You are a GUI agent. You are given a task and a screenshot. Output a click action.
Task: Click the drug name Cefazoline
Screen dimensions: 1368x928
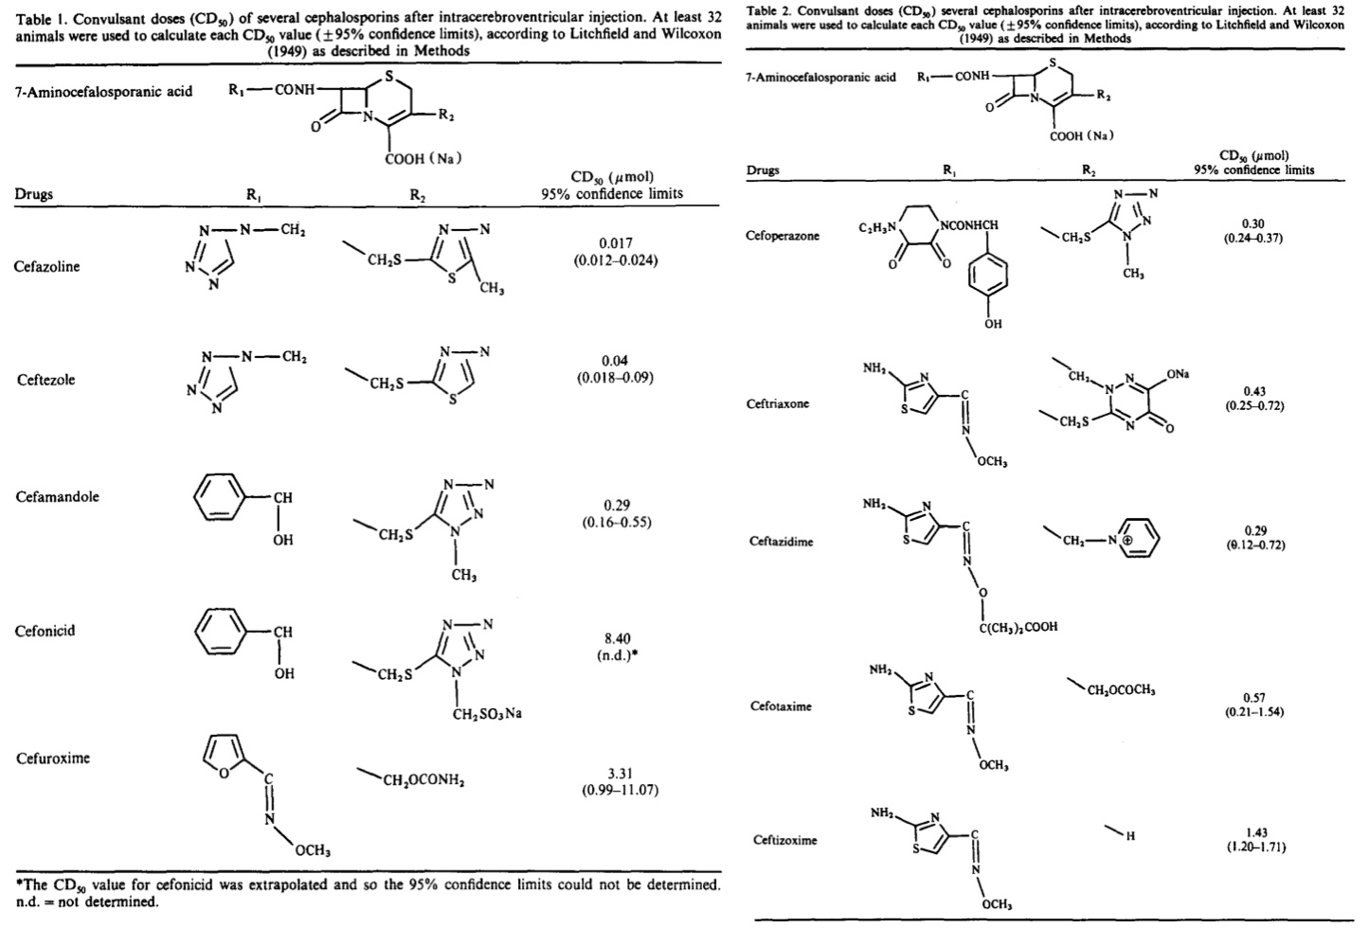click(46, 267)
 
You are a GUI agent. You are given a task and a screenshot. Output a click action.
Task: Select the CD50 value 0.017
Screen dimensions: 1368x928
click(616, 243)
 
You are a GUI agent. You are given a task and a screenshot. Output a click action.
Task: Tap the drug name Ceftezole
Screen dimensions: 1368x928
click(45, 381)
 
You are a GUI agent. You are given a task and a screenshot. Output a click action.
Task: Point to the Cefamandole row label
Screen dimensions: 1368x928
click(57, 497)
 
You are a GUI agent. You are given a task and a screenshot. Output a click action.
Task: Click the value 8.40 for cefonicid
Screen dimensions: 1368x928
click(616, 639)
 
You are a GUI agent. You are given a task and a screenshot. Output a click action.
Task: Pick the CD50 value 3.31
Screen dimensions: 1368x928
click(620, 774)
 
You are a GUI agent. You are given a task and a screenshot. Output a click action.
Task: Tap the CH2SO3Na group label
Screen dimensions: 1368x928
click(487, 714)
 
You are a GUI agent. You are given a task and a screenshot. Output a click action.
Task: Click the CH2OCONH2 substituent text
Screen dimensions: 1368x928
click(423, 781)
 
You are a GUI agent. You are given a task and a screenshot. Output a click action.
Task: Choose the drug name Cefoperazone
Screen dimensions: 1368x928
click(783, 236)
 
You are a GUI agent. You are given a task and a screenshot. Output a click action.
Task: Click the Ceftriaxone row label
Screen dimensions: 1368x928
click(778, 404)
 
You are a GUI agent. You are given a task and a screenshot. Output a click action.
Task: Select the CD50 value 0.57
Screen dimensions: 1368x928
click(1254, 698)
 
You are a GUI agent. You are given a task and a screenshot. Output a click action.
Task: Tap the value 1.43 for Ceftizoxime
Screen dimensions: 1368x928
click(1256, 832)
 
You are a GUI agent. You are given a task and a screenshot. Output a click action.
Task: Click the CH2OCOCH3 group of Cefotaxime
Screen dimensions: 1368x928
click(1121, 691)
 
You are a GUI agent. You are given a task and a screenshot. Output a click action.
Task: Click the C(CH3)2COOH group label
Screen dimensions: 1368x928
click(1017, 627)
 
